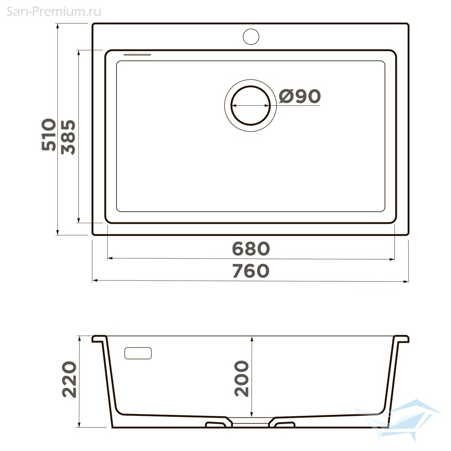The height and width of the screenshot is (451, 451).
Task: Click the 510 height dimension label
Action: coord(49,134)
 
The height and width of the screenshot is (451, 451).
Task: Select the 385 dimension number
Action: coord(69,137)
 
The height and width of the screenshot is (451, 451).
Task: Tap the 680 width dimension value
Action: coord(251,249)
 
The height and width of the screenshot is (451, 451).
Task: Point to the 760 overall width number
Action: coord(251,271)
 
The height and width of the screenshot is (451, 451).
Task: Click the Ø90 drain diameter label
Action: coord(300,96)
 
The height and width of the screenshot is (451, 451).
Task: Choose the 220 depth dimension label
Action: coord(69,379)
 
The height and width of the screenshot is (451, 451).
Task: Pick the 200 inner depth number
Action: coord(242,378)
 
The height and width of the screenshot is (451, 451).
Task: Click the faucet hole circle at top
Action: coord(251,37)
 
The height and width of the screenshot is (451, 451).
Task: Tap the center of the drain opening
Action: coord(250,106)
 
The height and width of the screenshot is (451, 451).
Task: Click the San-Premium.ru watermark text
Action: coord(54,12)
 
